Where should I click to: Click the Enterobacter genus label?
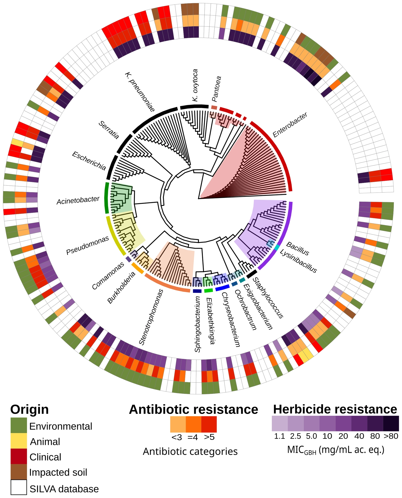point(290,125)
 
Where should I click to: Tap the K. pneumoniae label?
point(140,92)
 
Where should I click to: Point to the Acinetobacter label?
point(78,200)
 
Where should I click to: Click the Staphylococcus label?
point(268,298)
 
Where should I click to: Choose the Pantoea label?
point(216,89)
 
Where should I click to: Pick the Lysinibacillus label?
point(298,261)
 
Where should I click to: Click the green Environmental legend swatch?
point(19,425)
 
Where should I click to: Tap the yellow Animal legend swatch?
point(19,441)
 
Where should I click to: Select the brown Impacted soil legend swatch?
point(19,472)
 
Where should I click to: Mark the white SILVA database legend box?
point(19,487)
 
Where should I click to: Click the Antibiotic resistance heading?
point(193,410)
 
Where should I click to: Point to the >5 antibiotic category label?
point(209,437)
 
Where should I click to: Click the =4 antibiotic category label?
point(193,437)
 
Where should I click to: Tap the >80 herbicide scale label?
point(391,436)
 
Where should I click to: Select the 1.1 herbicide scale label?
point(280,436)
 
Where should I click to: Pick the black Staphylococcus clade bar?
point(252,274)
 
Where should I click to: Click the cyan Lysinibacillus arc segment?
point(277,247)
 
